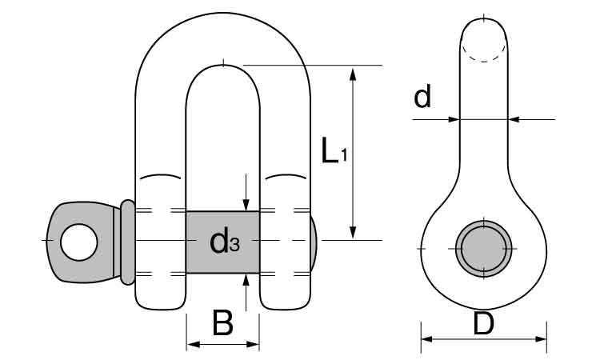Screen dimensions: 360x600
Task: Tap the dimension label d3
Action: (223, 242)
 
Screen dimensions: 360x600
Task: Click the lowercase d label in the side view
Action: (422, 98)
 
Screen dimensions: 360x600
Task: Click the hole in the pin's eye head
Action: (80, 241)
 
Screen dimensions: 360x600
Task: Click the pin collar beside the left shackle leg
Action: (127, 242)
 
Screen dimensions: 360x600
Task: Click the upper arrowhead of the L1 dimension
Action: (352, 74)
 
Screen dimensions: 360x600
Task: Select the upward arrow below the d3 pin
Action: (246, 281)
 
